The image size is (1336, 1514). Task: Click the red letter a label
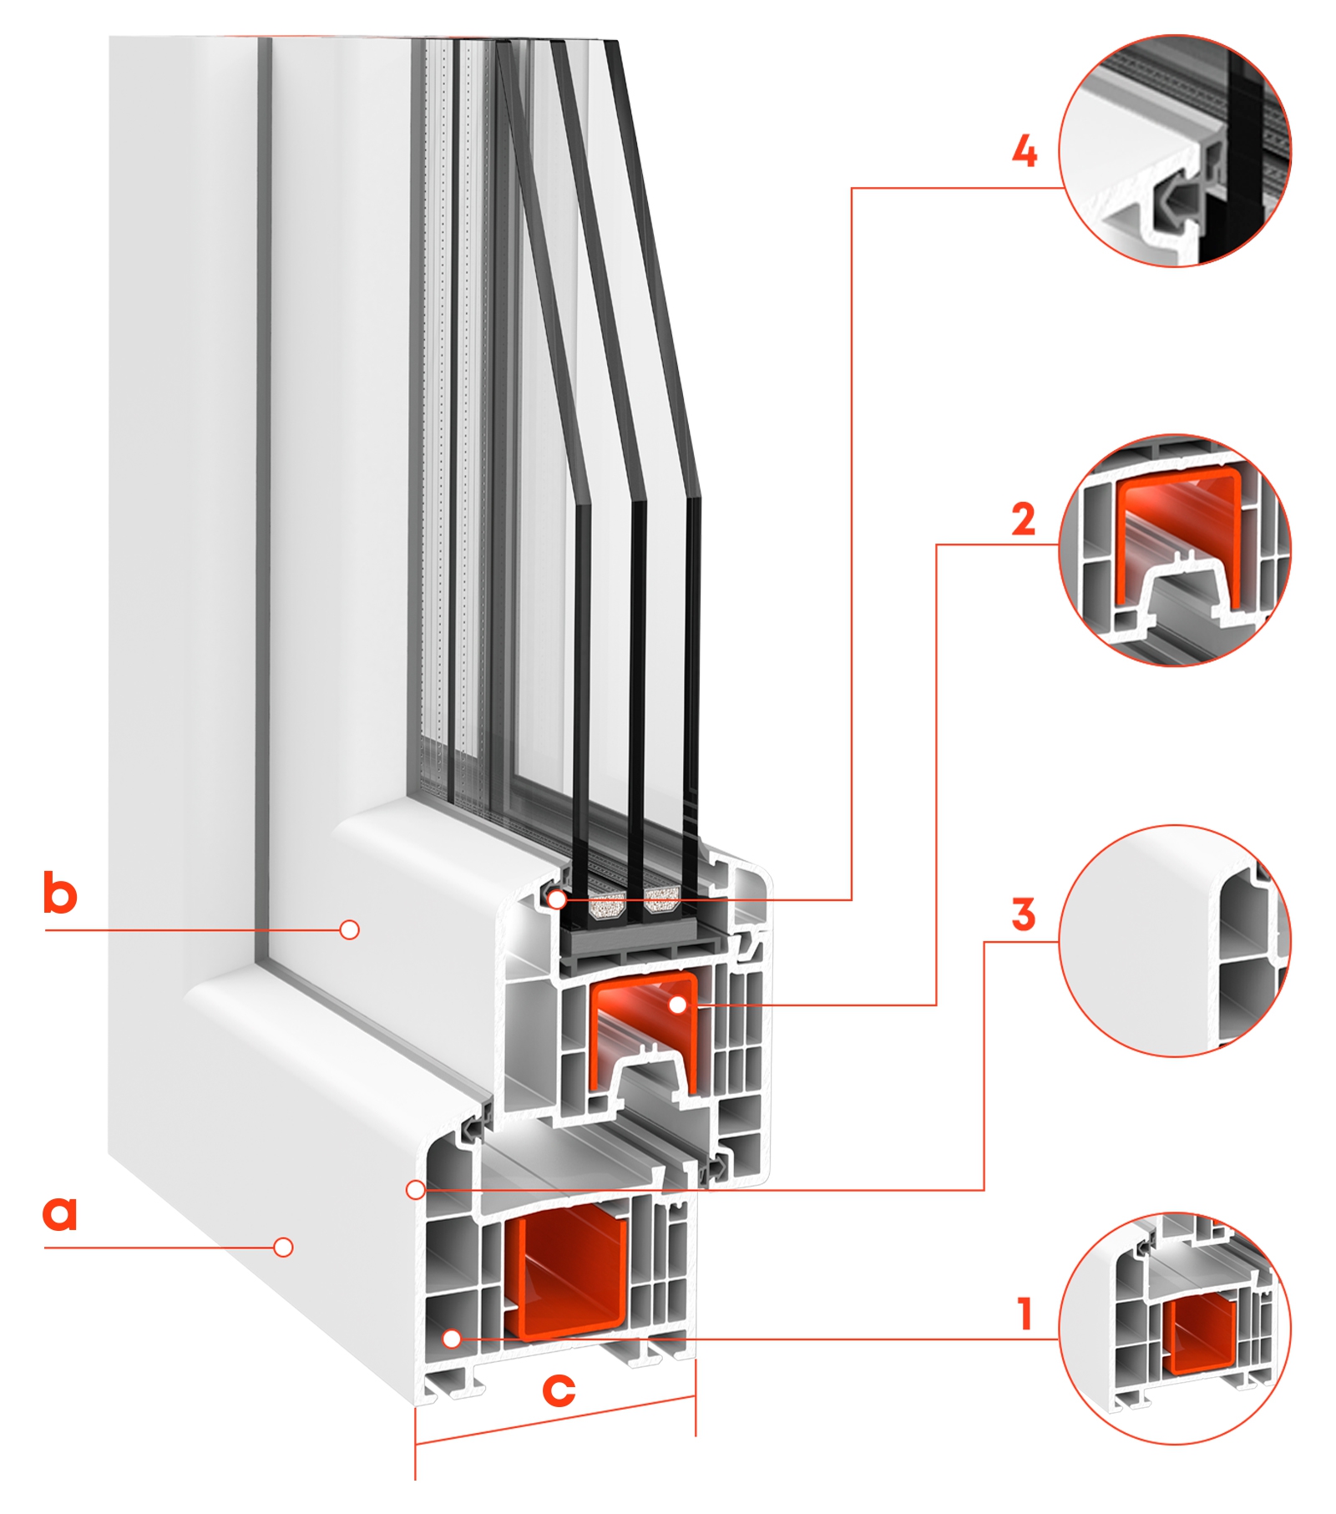coord(60,1213)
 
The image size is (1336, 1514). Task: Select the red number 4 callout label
coord(1025,152)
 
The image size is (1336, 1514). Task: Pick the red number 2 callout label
coord(1024,519)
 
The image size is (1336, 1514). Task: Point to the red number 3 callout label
coord(1024,914)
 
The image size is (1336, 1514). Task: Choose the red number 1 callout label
coord(1026,1314)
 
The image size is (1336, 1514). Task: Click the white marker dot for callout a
coord(284,1248)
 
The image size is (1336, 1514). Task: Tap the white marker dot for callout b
coord(350,929)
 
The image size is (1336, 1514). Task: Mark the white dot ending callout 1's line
coord(452,1339)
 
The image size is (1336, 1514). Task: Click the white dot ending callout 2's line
coord(679,1005)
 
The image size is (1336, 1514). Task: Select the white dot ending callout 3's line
coord(415,1190)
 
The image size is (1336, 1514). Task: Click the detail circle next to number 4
coord(1174,151)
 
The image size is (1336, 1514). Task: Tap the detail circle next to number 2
coord(1174,550)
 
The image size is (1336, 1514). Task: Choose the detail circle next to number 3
coord(1174,941)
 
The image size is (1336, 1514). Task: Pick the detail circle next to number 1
coord(1174,1328)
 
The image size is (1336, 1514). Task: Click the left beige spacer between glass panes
coord(607,906)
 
